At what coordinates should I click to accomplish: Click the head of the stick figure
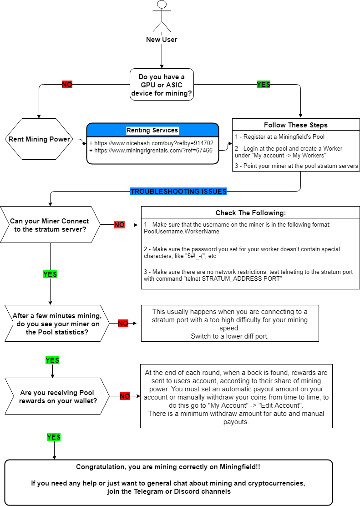[x=162, y=4]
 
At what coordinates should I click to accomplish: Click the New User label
[x=162, y=40]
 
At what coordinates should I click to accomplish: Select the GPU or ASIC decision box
[x=162, y=85]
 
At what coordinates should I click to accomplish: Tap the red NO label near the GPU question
[x=67, y=85]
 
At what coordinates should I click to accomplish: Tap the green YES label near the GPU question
[x=264, y=85]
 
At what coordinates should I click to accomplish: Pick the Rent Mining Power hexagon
[x=39, y=139]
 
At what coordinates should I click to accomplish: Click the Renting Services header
[x=152, y=130]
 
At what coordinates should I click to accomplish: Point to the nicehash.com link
[x=152, y=143]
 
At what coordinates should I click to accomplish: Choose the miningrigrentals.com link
[x=151, y=150]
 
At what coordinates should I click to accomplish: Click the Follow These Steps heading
[x=296, y=125]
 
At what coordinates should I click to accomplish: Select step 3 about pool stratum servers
[x=296, y=166]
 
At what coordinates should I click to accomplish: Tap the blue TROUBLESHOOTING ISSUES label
[x=178, y=192]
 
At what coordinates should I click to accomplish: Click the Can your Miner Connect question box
[x=51, y=225]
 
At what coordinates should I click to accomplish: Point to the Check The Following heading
[x=251, y=213]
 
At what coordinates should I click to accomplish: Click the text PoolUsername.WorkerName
[x=182, y=231]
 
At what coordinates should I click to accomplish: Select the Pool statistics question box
[x=57, y=324]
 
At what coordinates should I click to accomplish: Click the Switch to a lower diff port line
[x=229, y=336]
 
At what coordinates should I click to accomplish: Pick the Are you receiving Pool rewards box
[x=57, y=396]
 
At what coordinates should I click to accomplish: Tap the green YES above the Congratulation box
[x=54, y=437]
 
